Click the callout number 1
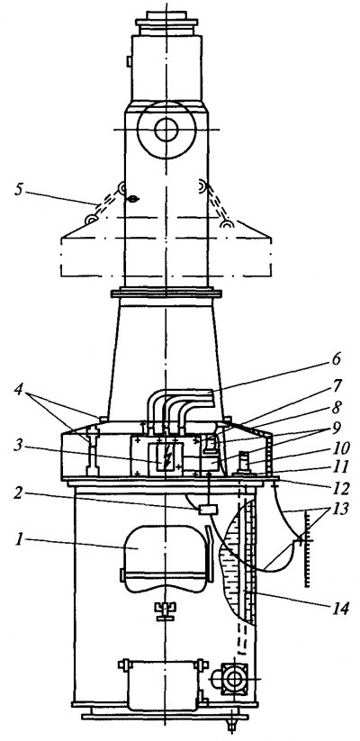click(21, 539)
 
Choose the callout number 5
click(19, 190)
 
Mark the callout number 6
click(335, 358)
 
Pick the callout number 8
click(337, 406)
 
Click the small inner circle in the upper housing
click(166, 130)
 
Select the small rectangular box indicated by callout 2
click(208, 510)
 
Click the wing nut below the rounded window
click(164, 609)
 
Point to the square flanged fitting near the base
click(234, 679)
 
